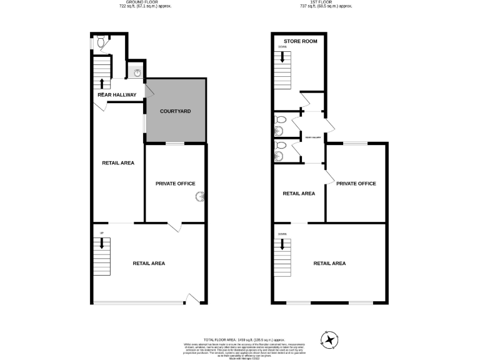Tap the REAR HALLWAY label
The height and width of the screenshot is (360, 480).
(x=116, y=95)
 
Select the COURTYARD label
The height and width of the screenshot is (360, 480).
(x=175, y=111)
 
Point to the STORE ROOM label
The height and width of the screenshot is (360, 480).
(x=301, y=41)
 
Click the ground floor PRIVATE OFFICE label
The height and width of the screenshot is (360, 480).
(x=175, y=184)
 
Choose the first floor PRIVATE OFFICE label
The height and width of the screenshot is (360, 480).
(x=356, y=184)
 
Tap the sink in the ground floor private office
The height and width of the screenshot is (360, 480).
(x=201, y=197)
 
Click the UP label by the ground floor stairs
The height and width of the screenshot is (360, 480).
(x=101, y=234)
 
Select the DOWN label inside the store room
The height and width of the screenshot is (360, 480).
(x=282, y=47)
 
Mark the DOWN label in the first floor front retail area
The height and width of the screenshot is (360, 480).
(x=282, y=234)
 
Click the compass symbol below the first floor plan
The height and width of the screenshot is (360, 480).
(x=329, y=339)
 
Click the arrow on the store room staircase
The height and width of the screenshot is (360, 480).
(x=282, y=57)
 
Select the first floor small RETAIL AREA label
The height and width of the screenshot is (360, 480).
(x=299, y=194)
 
